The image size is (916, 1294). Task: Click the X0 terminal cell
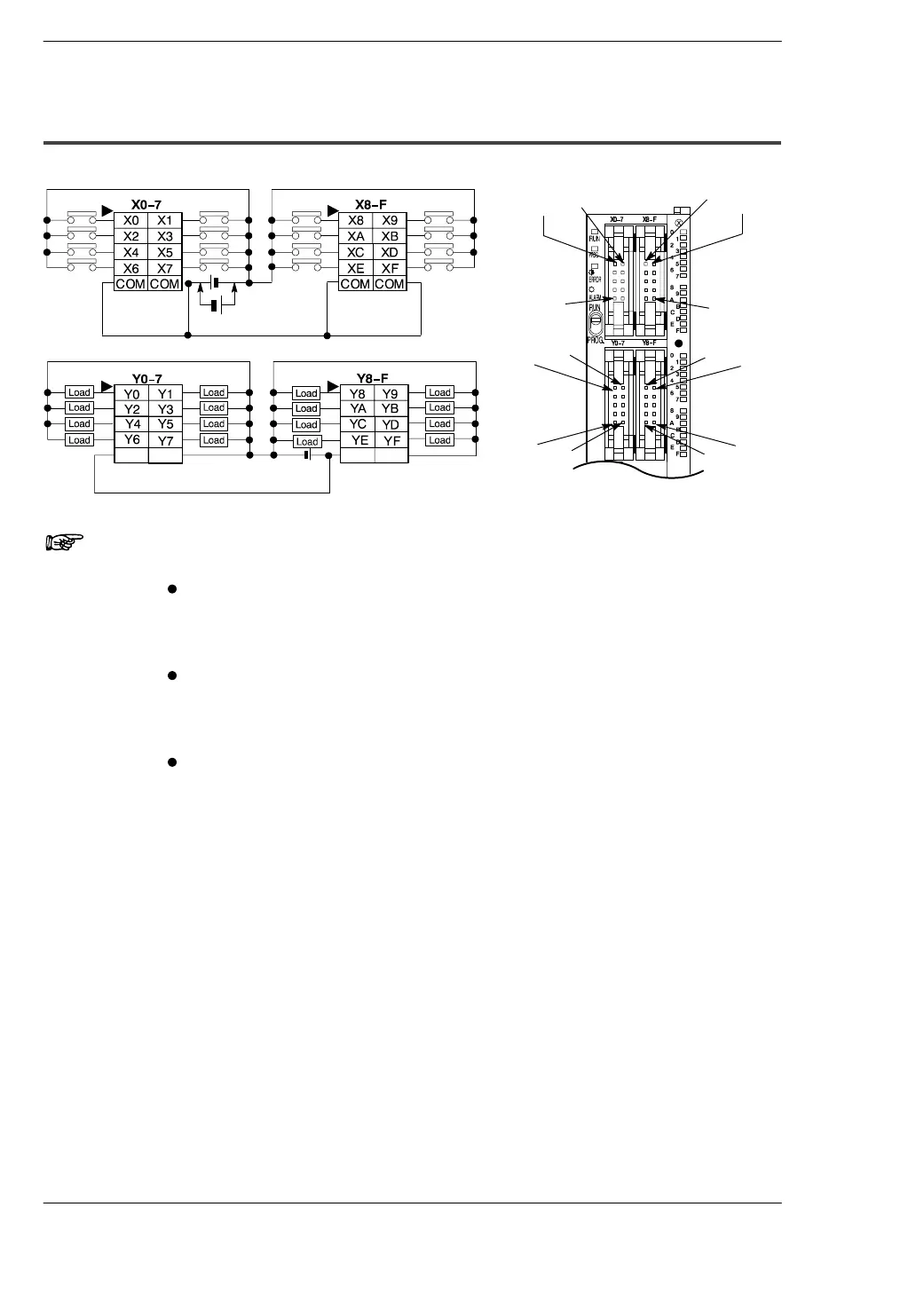[131, 220]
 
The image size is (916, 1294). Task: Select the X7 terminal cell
[165, 268]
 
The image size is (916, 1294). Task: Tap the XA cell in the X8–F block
[355, 236]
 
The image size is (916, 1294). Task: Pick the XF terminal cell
[390, 268]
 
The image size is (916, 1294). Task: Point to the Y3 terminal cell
[165, 409]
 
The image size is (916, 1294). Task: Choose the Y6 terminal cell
[131, 439]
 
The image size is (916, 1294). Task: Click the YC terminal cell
[358, 424]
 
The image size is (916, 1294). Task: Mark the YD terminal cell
[391, 424]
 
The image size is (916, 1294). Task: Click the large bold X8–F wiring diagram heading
[371, 204]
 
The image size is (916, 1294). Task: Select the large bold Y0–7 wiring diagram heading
[147, 378]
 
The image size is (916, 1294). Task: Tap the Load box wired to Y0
[80, 392]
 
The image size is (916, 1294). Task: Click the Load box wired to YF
[440, 440]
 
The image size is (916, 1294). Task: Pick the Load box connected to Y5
[214, 424]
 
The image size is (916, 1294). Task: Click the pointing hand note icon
[64, 540]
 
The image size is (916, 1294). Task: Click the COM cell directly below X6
[131, 284]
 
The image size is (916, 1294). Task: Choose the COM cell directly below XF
[390, 284]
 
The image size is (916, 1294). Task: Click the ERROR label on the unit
[594, 280]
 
